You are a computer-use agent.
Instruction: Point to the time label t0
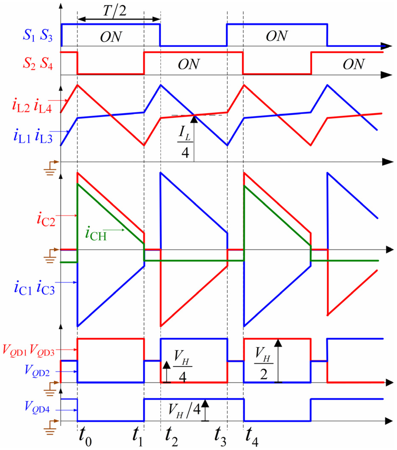[x=85, y=439]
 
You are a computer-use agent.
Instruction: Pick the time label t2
[x=171, y=439]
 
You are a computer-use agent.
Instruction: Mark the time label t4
[x=252, y=439]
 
